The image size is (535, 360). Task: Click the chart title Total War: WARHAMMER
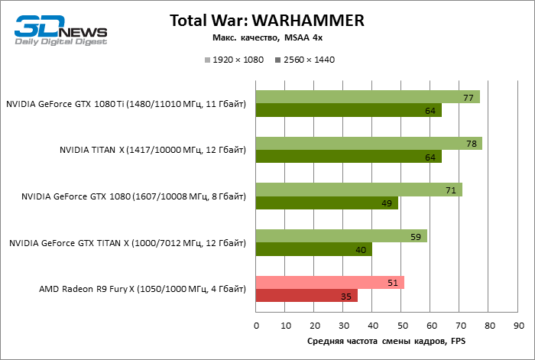point(267,20)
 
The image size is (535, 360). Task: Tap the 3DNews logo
point(62,30)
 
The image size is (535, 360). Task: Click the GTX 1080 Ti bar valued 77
point(368,97)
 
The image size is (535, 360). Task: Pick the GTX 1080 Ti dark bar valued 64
point(349,111)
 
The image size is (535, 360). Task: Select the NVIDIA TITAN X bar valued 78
point(369,144)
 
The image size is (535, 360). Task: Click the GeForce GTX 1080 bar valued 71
point(359,190)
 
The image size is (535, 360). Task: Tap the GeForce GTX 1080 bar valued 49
point(327,203)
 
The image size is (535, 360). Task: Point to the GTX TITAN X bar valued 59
point(342,236)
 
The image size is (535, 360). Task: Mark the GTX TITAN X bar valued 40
point(314,250)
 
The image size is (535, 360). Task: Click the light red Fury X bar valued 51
point(330,283)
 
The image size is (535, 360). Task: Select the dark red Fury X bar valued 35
point(306,296)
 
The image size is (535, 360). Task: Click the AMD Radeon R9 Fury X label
point(142,290)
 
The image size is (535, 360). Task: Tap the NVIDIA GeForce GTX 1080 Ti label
point(126,104)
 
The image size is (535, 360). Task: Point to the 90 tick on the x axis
point(518,326)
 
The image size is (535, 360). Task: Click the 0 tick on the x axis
point(256,326)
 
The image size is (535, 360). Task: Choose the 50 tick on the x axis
point(401,326)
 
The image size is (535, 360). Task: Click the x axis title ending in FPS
point(387,341)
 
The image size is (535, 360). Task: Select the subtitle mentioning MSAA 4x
point(267,37)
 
